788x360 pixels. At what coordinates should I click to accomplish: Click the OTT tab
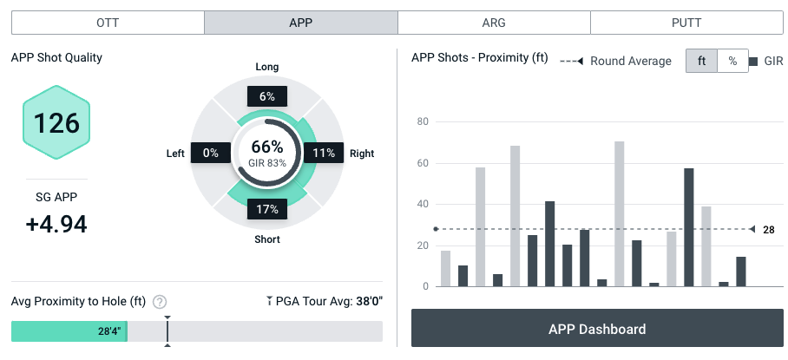point(108,23)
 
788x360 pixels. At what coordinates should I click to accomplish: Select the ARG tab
point(494,23)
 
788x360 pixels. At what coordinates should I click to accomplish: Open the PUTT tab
point(687,23)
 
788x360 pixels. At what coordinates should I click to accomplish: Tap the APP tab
point(301,23)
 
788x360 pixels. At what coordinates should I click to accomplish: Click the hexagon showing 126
point(57,122)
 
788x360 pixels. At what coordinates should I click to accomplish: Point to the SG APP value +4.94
point(56,224)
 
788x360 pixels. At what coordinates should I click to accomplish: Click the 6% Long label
point(266,96)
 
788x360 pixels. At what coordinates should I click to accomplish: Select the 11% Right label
point(324,153)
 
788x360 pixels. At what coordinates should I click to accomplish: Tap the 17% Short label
point(266,209)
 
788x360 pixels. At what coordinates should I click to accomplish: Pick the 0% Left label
point(209,153)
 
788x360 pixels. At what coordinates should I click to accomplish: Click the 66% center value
point(267,147)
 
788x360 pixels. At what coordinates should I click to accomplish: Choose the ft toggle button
point(701,61)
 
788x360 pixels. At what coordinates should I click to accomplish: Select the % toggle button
point(732,61)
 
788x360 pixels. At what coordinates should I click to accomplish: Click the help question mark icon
point(160,302)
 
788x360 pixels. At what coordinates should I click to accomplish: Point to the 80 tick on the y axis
point(423,121)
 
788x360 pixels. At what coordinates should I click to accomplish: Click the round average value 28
point(768,229)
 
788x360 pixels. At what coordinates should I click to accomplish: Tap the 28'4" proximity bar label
point(109,331)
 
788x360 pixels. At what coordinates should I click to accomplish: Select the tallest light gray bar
point(619,213)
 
